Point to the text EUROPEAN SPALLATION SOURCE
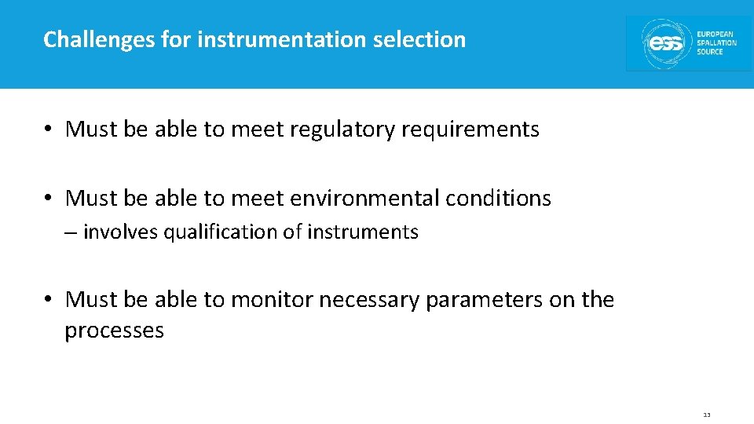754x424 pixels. [x=716, y=43]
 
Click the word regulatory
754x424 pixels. [x=340, y=129]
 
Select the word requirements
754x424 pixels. [x=470, y=129]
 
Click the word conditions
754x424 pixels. [x=498, y=198]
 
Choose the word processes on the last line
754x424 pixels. [x=114, y=331]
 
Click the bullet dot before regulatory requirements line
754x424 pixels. [x=49, y=130]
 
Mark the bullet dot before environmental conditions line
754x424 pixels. [x=49, y=199]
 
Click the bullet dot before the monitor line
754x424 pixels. [x=49, y=300]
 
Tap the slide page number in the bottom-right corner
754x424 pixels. [x=707, y=415]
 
